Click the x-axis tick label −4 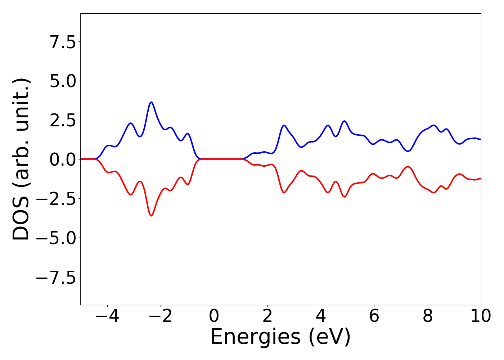click(x=107, y=316)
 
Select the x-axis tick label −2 click(x=160, y=316)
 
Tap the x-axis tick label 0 click(x=214, y=316)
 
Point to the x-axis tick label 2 click(x=267, y=316)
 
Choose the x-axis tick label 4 click(x=321, y=316)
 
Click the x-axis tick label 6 click(x=374, y=316)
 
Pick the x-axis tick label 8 click(x=428, y=316)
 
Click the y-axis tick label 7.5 click(x=63, y=42)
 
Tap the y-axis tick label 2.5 click(x=63, y=120)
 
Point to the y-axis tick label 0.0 click(x=63, y=159)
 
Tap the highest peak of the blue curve click(x=151, y=102)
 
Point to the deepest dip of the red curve click(x=151, y=216)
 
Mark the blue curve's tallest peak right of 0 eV click(x=344, y=121)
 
